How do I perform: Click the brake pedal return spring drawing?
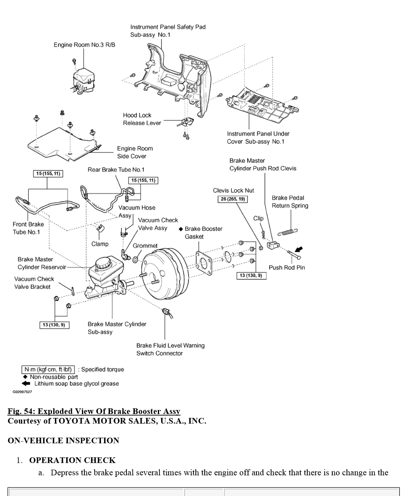click(x=287, y=232)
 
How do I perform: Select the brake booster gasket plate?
click(x=204, y=263)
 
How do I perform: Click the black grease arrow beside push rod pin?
click(x=299, y=249)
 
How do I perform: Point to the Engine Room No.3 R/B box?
click(x=83, y=80)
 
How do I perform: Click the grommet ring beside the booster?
click(x=135, y=260)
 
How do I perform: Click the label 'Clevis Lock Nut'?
click(x=233, y=191)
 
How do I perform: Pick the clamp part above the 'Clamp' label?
click(x=101, y=228)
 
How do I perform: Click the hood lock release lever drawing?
click(x=186, y=122)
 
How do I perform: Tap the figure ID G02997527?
click(x=22, y=391)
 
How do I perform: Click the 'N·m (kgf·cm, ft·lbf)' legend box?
click(x=48, y=370)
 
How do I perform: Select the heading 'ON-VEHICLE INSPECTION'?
click(x=63, y=440)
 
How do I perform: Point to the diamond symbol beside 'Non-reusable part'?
click(x=25, y=377)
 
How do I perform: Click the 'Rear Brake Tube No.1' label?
click(x=116, y=170)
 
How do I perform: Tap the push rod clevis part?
click(x=273, y=245)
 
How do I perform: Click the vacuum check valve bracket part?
click(x=73, y=291)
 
